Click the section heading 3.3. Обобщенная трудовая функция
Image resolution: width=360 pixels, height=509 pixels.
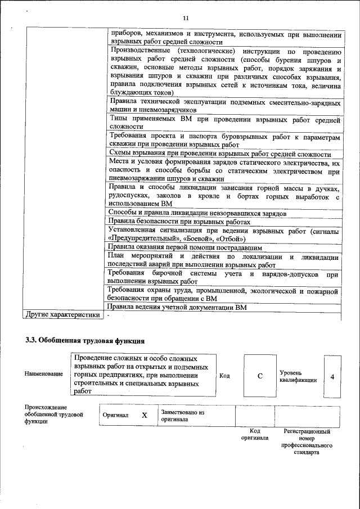85,340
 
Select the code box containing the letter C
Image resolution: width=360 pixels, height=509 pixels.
260,376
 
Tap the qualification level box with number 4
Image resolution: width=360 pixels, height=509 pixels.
332,376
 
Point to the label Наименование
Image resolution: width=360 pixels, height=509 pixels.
44,374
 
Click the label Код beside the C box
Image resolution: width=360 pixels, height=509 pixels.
224,376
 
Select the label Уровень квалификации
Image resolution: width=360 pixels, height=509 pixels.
298,376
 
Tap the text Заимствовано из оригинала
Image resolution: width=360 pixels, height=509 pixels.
182,416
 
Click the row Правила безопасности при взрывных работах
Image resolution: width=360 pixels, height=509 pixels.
179,222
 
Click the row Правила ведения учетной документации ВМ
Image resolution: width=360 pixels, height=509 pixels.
177,307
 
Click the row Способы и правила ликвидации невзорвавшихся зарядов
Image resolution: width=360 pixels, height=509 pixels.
197,213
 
